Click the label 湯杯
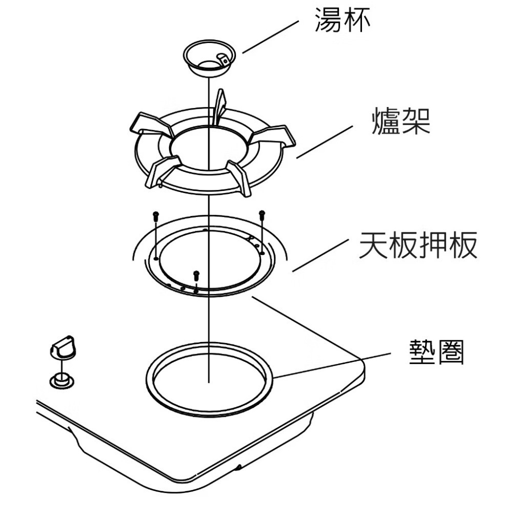tap(342, 21)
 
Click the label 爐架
tap(400, 122)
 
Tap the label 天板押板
tap(418, 245)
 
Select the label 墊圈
tap(436, 353)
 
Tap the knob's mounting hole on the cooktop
tap(61, 380)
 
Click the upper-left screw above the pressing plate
tap(156, 215)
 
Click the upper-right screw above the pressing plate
tap(262, 214)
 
